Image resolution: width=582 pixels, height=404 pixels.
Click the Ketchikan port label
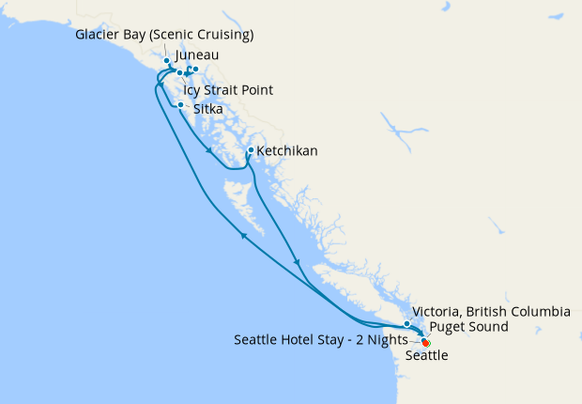[x=287, y=150]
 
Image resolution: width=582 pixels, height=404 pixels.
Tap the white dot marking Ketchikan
[x=251, y=150]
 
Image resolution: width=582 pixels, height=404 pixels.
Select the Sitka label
[x=207, y=109]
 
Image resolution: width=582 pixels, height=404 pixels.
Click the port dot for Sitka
[x=180, y=104]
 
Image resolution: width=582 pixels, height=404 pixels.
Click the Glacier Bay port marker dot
[x=167, y=60]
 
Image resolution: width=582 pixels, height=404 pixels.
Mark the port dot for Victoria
[x=406, y=324]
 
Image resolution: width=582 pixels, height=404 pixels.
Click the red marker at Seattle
[x=426, y=343]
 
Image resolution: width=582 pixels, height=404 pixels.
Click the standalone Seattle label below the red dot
[x=427, y=356]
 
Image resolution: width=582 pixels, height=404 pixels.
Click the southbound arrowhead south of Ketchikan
[x=298, y=262]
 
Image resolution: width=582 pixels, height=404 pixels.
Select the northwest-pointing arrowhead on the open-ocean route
[x=244, y=236]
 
